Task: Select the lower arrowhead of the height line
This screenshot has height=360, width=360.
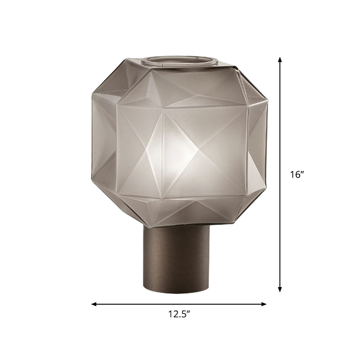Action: pyautogui.click(x=280, y=290)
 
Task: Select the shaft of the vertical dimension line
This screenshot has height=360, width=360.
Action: pyautogui.click(x=280, y=135)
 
